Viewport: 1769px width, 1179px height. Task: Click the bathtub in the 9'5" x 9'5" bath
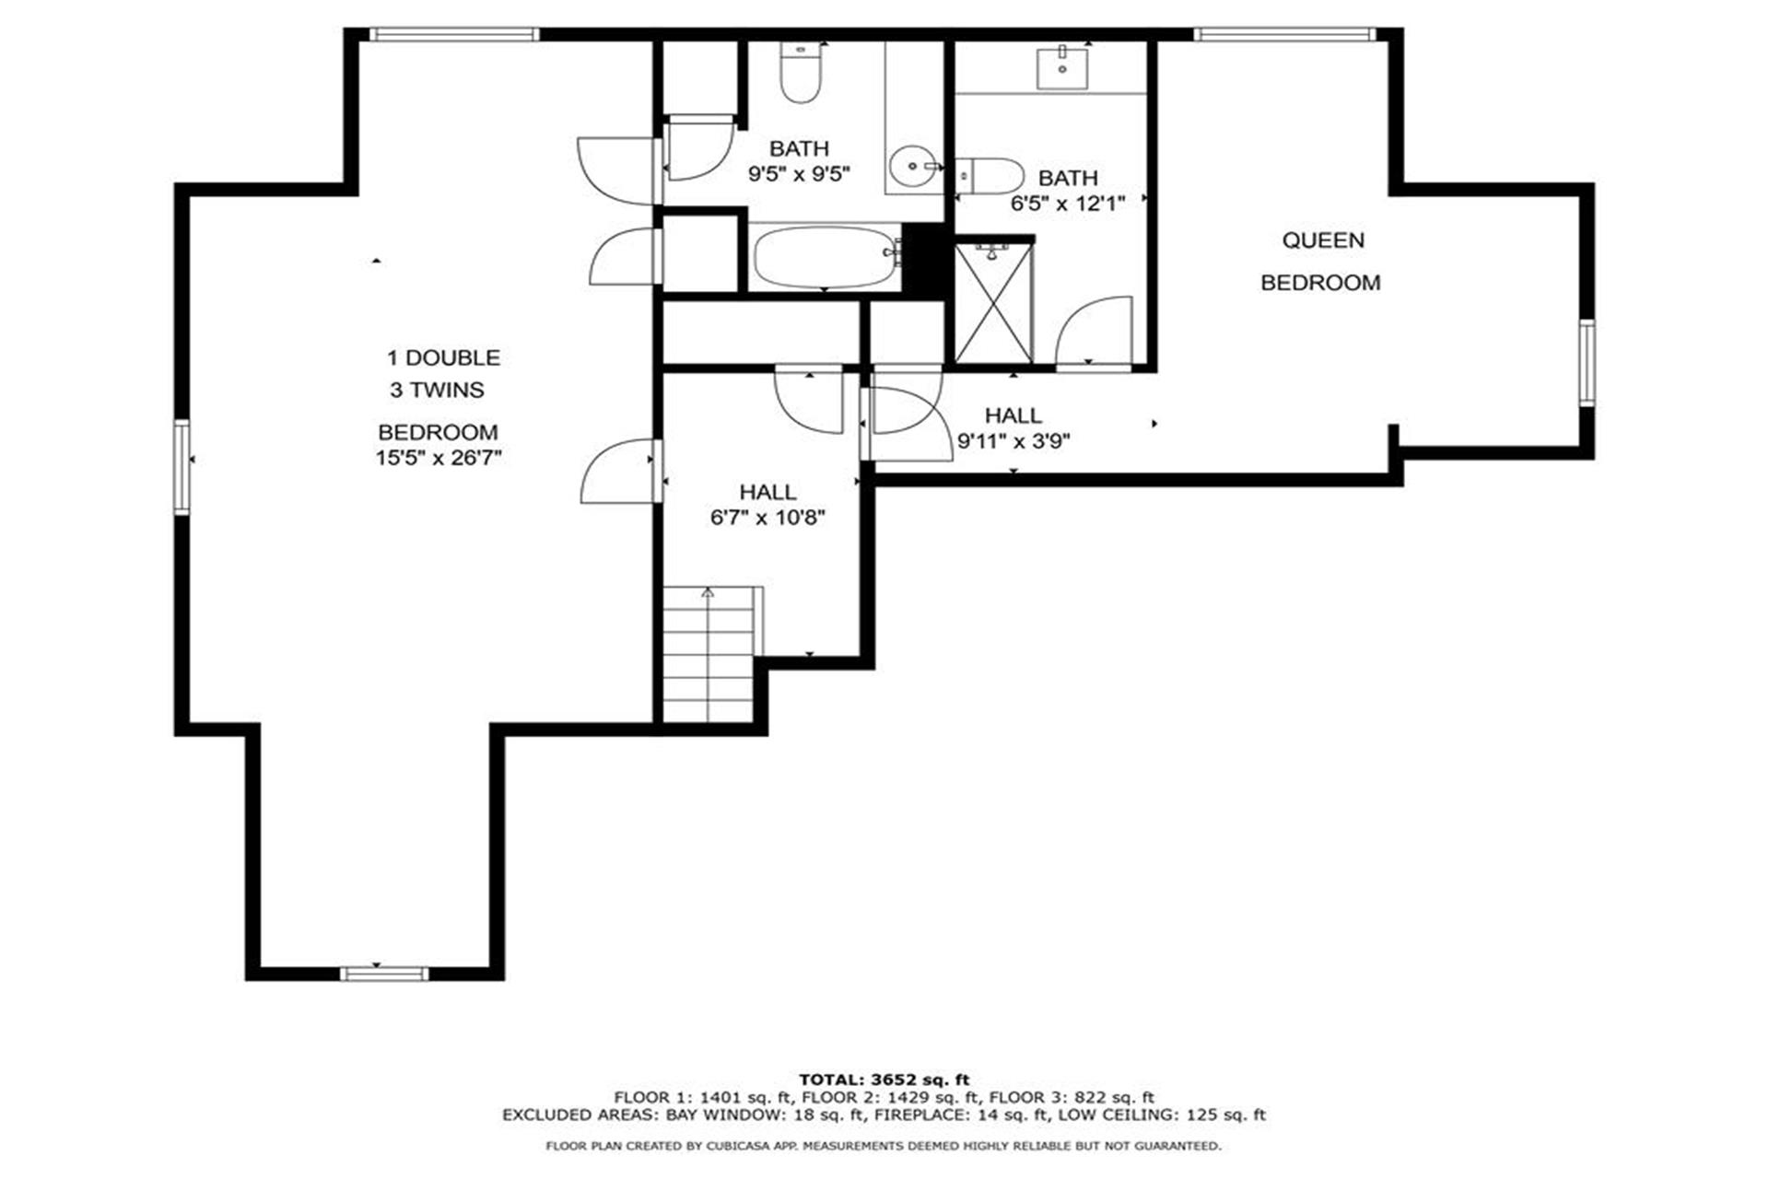click(826, 257)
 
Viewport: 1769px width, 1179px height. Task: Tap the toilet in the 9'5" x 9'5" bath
click(800, 73)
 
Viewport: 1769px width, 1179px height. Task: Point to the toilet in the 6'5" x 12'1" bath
click(990, 175)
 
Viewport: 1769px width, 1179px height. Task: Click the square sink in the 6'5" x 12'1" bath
click(1062, 68)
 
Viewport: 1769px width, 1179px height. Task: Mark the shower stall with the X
click(994, 302)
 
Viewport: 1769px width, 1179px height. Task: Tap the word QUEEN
click(1323, 240)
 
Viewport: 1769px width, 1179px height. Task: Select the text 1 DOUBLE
click(443, 357)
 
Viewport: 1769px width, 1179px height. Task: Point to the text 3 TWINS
click(437, 390)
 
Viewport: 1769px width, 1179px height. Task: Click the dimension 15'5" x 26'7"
click(439, 458)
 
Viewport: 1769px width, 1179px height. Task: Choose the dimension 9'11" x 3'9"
click(1013, 441)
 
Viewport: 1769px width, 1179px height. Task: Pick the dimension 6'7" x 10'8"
click(767, 518)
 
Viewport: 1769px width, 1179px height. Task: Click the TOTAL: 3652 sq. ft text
click(884, 1080)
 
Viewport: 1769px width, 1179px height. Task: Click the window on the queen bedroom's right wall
click(1587, 363)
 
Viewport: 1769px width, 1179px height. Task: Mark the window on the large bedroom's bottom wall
click(384, 974)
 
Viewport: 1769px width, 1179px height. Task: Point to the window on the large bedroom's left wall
click(182, 466)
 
